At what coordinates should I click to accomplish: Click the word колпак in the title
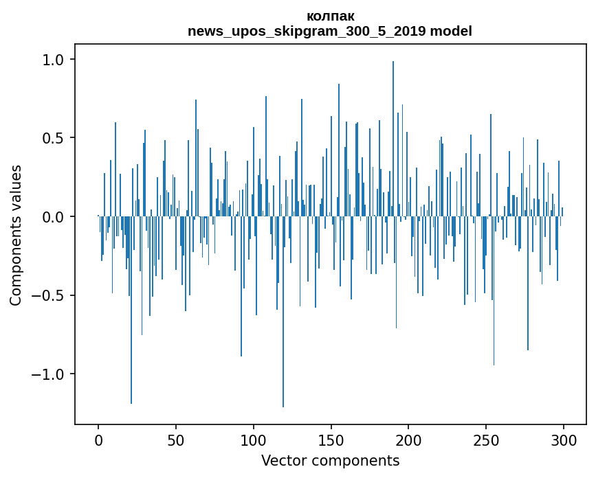330,16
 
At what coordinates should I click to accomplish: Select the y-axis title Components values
16,235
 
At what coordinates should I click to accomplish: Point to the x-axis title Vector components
330,460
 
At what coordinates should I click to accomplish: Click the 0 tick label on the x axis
98,439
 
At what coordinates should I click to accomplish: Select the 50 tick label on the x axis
176,439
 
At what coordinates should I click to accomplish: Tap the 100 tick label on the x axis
254,439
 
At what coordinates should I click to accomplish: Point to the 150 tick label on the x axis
331,439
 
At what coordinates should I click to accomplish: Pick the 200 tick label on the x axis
409,439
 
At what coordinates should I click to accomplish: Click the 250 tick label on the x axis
487,439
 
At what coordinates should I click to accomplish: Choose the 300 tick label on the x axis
564,439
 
